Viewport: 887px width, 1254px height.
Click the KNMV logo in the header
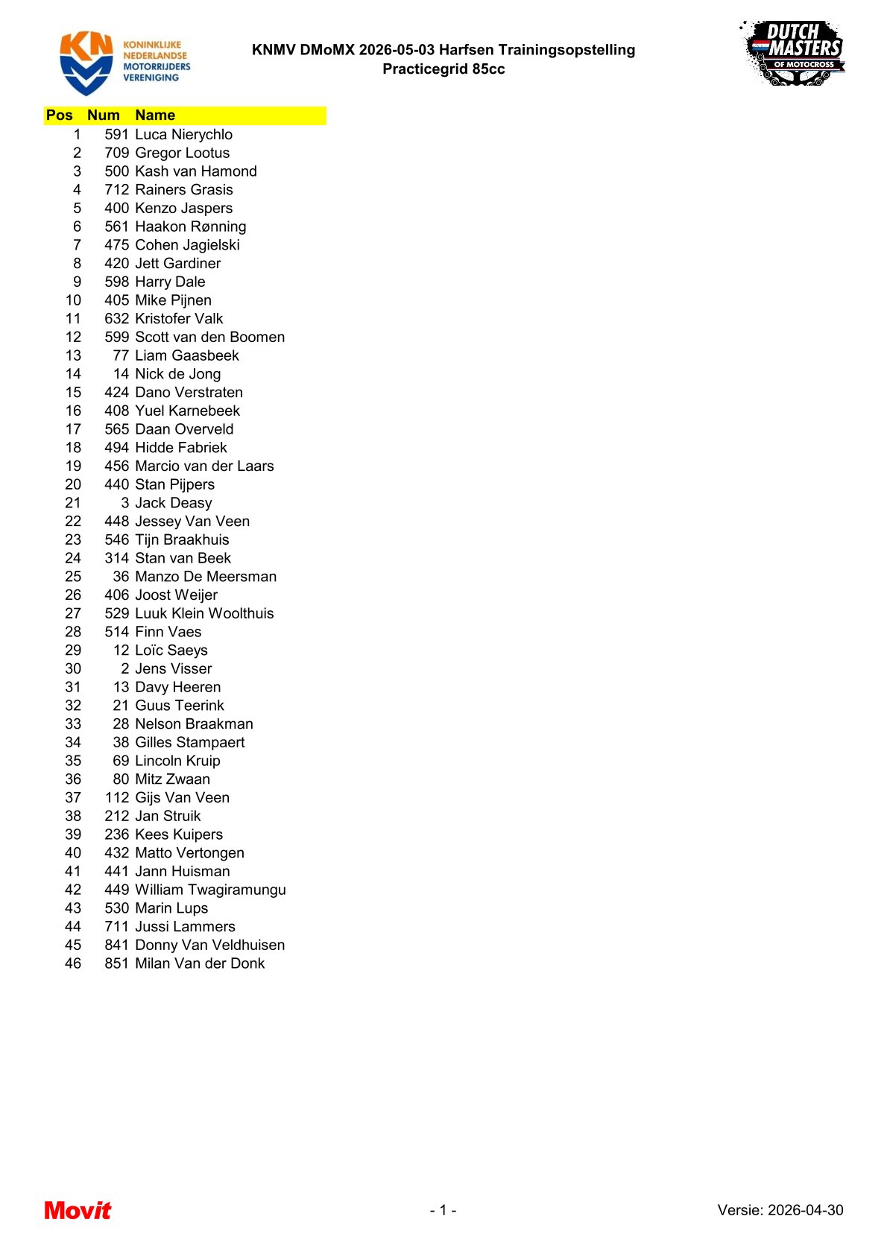[x=124, y=63]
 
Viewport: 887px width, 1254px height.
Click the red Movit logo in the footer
[x=78, y=1210]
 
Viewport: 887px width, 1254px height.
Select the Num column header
[x=103, y=115]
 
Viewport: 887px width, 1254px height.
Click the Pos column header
[x=60, y=115]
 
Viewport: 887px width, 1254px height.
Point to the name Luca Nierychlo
[x=183, y=135]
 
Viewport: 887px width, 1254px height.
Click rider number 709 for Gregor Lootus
[x=116, y=153]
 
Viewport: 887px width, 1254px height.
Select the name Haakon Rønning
[x=190, y=227]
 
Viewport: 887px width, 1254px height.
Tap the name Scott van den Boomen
[x=209, y=338]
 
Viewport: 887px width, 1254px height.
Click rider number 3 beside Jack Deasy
[x=124, y=503]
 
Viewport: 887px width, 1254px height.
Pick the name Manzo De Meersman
[x=206, y=577]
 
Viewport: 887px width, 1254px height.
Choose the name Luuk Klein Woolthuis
[x=204, y=613]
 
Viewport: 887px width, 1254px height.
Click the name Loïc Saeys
[x=171, y=650]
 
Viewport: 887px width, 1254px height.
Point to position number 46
[x=73, y=963]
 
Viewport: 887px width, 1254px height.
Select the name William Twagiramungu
[x=210, y=890]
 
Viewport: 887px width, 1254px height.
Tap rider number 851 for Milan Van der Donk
[x=116, y=963]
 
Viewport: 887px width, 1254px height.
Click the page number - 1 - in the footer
[x=443, y=1211]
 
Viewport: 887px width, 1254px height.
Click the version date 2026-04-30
[x=805, y=1211]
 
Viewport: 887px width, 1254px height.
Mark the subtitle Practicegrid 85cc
[x=443, y=69]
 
